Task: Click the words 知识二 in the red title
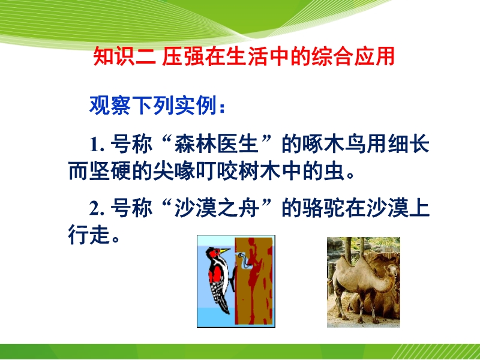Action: (125, 57)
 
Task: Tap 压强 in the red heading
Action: (184, 57)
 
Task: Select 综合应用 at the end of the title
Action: (353, 57)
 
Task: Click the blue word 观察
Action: (110, 106)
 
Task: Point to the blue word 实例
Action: (196, 106)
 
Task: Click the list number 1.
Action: (97, 145)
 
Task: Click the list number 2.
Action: (97, 209)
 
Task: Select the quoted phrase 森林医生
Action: (217, 144)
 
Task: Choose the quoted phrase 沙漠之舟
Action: (217, 208)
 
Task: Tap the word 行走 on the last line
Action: (89, 235)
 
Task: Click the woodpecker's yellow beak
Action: (225, 250)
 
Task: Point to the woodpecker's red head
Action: (213, 253)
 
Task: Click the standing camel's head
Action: (392, 271)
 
